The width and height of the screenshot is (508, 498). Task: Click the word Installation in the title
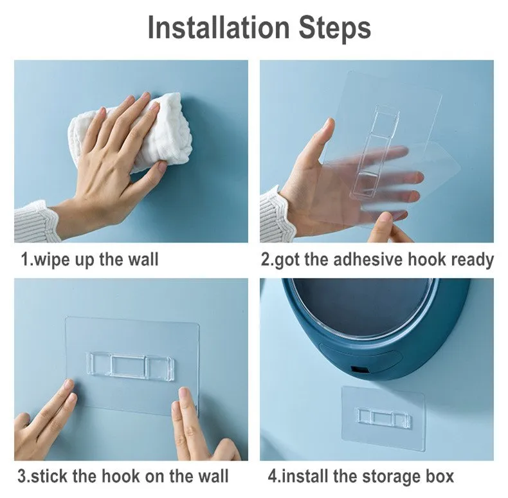click(219, 28)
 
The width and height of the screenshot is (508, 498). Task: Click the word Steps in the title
click(334, 28)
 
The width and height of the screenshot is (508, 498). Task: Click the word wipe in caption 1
click(52, 260)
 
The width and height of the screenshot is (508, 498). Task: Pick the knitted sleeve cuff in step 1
click(35, 221)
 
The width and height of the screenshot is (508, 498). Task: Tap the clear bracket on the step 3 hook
click(131, 365)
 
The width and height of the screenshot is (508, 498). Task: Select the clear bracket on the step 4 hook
click(384, 418)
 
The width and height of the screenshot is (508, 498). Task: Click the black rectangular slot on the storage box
click(359, 369)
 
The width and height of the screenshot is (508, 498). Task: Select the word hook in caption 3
click(121, 476)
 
